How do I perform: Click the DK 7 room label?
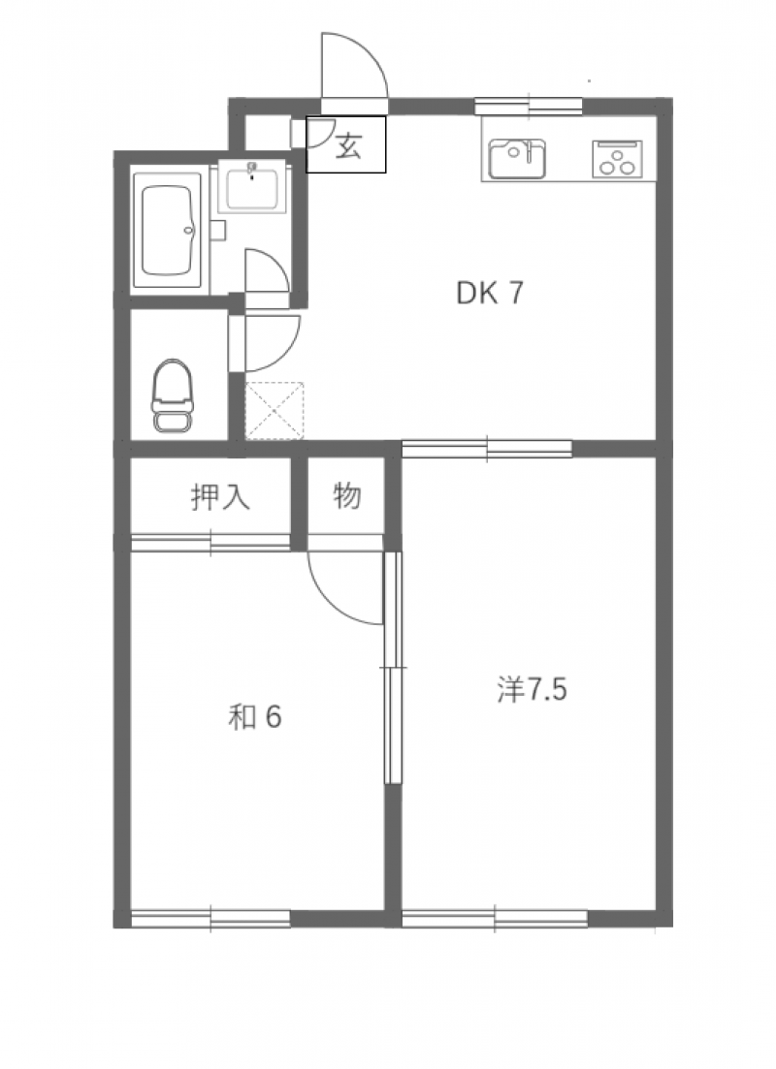coord(489,293)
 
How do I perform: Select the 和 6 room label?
coord(254,716)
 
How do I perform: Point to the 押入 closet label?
coord(220,497)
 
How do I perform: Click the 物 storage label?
coord(346,495)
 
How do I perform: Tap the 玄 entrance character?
coord(349,146)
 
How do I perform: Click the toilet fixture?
coord(173,395)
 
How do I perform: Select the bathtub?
coord(169,231)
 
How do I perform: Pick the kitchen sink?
coord(517,158)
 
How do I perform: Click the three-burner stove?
coord(617,158)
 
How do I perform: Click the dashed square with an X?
coord(275,411)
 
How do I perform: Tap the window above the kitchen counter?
coord(529,107)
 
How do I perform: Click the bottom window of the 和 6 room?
coord(210,919)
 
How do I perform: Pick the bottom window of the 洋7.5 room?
coord(495,919)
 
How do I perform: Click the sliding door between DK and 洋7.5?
coord(487,449)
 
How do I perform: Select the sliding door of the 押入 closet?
coord(210,543)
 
